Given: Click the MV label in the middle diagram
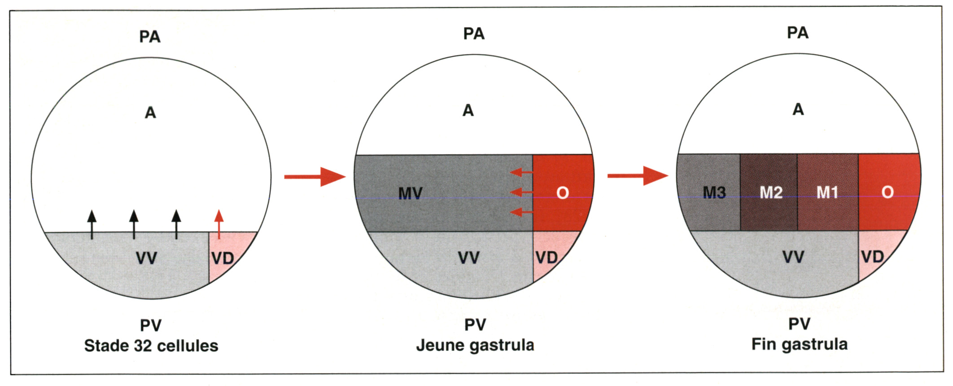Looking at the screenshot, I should pyautogui.click(x=410, y=193).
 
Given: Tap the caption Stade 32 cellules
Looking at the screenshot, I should pyautogui.click(x=151, y=346).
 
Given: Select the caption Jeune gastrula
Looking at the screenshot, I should pyautogui.click(x=475, y=345).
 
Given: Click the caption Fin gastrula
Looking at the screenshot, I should pyautogui.click(x=799, y=344).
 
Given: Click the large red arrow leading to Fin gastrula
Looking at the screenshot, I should pyautogui.click(x=638, y=175).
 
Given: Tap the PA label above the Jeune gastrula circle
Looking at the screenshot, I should pyautogui.click(x=474, y=34).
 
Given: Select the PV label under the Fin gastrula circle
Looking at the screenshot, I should pyautogui.click(x=799, y=324).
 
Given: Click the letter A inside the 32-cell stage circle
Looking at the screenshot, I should pyautogui.click(x=150, y=112).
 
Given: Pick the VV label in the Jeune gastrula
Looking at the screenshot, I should pyautogui.click(x=469, y=258).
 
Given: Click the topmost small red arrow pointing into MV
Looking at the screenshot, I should pyautogui.click(x=521, y=172).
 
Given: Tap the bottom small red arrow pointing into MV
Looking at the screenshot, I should pyautogui.click(x=521, y=212).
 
